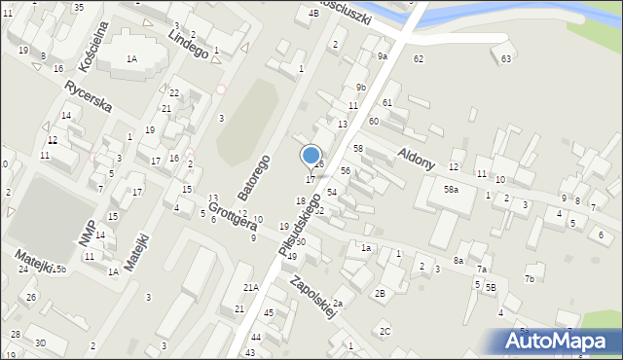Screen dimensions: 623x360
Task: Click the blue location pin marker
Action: coord(311,156)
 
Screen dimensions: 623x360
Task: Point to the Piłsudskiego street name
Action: coord(299,225)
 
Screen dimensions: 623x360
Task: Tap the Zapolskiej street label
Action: coord(312,295)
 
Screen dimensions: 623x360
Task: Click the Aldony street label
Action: coord(416,160)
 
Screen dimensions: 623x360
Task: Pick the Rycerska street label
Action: coord(89,95)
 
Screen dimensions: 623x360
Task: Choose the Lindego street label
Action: coord(188,42)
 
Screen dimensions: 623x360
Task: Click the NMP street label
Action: coord(87,232)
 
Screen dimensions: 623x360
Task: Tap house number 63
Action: coord(506,59)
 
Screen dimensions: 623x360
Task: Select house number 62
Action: coord(418,59)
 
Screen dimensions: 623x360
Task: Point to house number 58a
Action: coord(451,189)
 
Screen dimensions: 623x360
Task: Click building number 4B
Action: coord(312,13)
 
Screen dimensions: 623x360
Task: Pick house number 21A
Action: coord(251,287)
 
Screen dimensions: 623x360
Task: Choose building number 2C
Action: coord(385,332)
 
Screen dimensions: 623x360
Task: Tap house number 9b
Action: coord(360,88)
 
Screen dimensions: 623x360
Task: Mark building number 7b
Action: coord(530,279)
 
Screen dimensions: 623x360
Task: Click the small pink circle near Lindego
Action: coord(220,90)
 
